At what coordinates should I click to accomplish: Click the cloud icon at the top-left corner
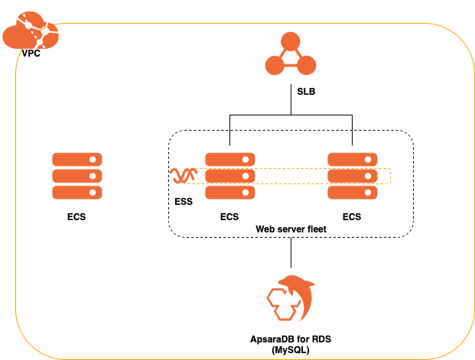29,32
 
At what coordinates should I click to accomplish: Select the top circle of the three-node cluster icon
291,41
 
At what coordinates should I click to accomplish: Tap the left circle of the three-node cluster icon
275,66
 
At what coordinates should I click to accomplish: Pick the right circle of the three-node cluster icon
307,66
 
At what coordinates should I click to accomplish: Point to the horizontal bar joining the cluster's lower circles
291,66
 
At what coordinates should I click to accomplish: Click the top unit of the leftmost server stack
77,159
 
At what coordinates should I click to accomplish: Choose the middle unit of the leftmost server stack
77,176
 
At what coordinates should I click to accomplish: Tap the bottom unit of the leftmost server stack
77,193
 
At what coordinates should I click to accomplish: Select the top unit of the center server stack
230,159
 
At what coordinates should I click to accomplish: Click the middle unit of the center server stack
230,176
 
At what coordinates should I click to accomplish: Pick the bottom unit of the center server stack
230,193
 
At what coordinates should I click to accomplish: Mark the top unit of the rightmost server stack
353,159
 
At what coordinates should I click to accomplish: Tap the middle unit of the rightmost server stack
353,176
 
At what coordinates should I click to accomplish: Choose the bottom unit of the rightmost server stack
353,193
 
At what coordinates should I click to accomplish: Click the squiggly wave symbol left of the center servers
183,177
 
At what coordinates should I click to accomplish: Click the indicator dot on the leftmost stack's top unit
93,160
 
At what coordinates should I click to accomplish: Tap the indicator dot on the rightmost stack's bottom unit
369,193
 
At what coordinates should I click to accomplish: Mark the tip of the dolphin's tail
300,319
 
